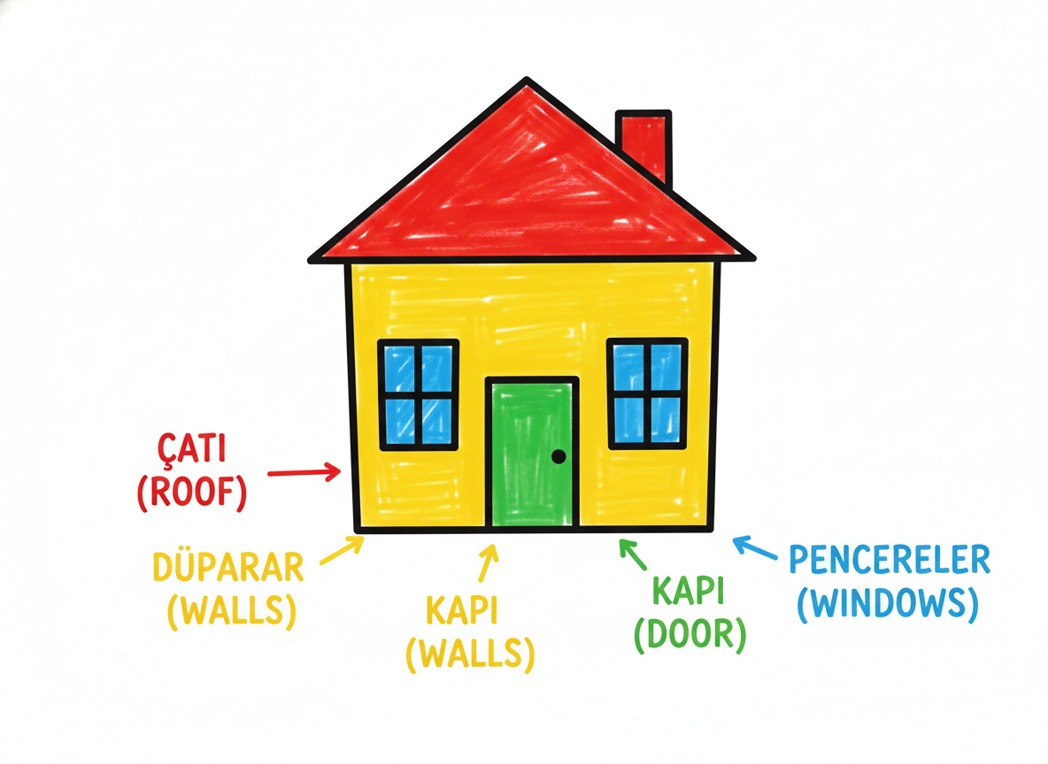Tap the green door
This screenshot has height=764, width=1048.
coord(532,454)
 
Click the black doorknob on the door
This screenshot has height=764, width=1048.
coord(559,457)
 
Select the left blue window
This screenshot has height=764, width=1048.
coord(419,394)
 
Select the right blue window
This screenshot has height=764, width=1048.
coord(647,393)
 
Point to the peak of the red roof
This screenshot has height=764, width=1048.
coord(527,79)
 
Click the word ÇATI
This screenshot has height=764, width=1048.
coord(192,447)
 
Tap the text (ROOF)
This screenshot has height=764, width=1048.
coord(192,493)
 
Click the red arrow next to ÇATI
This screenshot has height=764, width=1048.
coord(304,473)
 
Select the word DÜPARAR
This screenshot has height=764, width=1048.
coord(228,568)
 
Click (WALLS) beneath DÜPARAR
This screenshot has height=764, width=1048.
coord(232,610)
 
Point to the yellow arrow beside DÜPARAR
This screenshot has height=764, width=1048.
coord(342,550)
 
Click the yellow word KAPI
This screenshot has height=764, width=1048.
coord(462,610)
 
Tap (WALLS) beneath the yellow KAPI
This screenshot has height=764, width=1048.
coord(471,653)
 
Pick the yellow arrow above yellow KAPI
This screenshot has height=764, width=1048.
coord(489,563)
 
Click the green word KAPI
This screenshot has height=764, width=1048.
coord(689,591)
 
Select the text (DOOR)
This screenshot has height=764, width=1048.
coord(690,633)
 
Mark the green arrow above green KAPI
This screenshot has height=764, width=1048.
coord(632,554)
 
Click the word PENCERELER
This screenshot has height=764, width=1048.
coord(890,560)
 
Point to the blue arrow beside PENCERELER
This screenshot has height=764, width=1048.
coord(755,547)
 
